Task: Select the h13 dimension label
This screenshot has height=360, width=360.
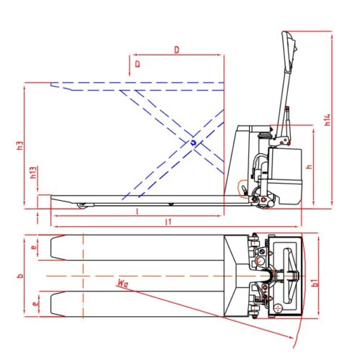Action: point(33,174)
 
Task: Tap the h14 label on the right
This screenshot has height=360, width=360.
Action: point(327,119)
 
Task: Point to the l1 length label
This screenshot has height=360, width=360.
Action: point(167,222)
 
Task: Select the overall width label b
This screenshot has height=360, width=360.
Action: point(21,275)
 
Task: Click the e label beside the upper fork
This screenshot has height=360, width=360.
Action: point(34,246)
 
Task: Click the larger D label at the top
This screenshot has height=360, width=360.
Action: point(177,49)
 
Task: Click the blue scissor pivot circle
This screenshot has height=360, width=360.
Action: point(193,143)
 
